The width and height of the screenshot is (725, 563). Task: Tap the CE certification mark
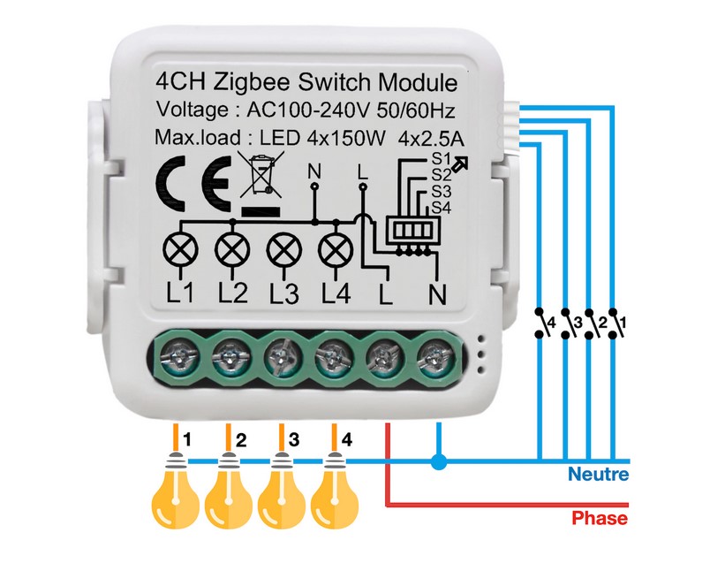(x=193, y=184)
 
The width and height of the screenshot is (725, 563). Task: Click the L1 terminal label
(x=180, y=293)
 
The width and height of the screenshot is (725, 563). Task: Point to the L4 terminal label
(x=336, y=293)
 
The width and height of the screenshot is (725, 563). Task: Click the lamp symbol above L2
(x=232, y=250)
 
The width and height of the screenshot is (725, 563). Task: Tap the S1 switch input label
(x=442, y=159)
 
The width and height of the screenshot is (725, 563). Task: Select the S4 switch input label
(x=442, y=209)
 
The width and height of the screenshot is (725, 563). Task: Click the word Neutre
(x=598, y=475)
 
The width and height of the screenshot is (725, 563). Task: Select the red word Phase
(x=600, y=518)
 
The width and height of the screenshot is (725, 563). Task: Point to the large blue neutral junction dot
(x=439, y=461)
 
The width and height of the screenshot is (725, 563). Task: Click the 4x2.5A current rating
(x=432, y=139)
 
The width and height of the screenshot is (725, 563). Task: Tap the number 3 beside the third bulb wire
(x=294, y=439)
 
